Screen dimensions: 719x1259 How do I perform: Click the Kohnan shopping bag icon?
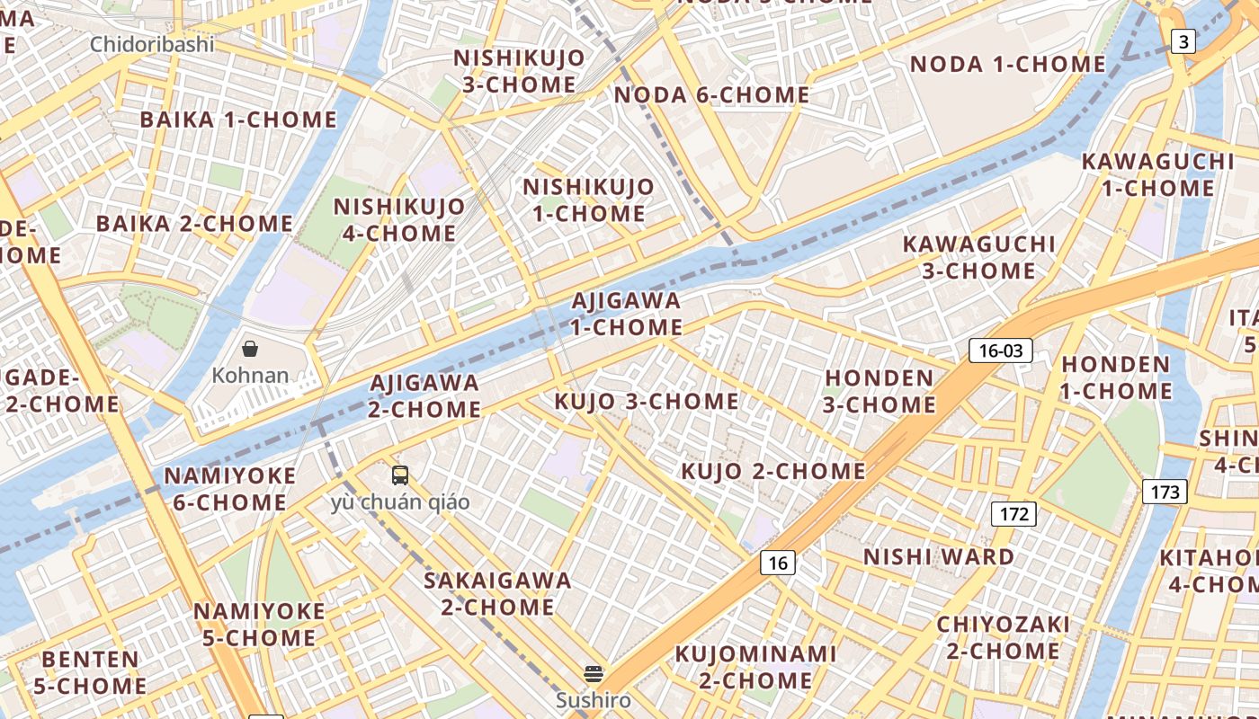click(250, 349)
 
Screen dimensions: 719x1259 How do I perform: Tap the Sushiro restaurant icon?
click(593, 673)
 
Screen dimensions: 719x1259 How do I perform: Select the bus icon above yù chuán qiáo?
click(400, 475)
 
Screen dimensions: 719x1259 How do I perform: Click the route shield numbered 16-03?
click(1000, 351)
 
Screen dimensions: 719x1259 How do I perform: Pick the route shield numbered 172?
click(1013, 515)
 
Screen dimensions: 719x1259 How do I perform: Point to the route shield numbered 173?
click(1165, 492)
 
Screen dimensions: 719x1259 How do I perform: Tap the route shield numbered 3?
click(1183, 40)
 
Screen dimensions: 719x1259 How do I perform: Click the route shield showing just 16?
click(777, 564)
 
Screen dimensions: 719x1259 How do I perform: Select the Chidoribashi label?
click(152, 44)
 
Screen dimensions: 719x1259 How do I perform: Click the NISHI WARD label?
click(939, 557)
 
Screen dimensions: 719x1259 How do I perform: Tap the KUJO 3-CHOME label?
click(647, 402)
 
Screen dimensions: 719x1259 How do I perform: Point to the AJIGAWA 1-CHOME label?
click(626, 314)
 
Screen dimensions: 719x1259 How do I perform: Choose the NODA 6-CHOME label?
click(711, 94)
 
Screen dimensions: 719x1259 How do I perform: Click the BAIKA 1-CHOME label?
click(238, 120)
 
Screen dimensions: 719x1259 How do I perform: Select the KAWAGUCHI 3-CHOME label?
click(978, 257)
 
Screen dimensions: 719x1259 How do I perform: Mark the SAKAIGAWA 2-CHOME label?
click(497, 593)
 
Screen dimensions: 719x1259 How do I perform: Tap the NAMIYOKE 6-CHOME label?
click(229, 489)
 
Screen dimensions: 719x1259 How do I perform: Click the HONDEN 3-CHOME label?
click(879, 391)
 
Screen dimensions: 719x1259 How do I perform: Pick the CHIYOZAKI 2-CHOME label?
click(1003, 637)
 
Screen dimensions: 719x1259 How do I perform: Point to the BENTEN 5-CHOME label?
click(90, 672)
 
